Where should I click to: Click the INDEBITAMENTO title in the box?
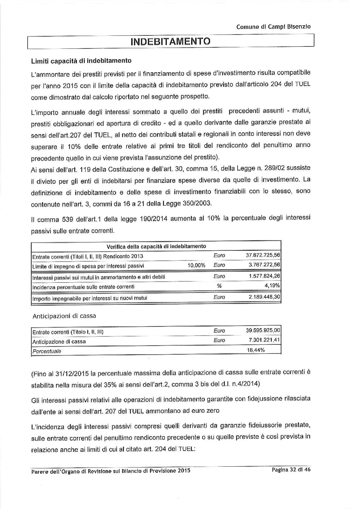click(170, 42)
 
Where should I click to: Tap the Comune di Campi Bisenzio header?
click(273, 27)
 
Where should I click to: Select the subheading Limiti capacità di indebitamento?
click(81, 61)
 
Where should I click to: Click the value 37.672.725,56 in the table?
click(263, 256)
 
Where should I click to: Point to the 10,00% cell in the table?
click(197, 265)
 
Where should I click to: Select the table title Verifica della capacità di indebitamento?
click(156, 247)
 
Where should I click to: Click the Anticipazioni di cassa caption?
click(64, 316)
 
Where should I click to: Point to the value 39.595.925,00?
click(263, 330)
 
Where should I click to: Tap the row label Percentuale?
click(47, 351)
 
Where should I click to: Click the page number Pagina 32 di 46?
click(291, 470)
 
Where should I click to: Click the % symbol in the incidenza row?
click(219, 286)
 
